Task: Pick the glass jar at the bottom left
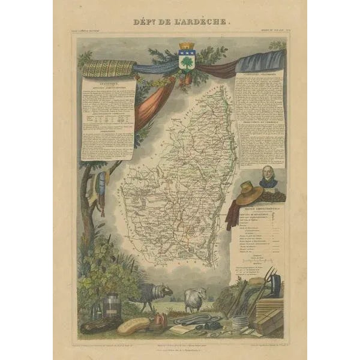[112, 306]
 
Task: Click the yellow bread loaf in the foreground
[133, 326]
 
